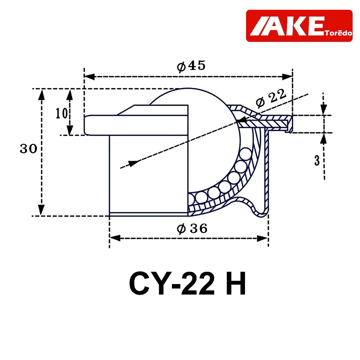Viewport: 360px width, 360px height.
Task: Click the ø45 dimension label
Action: click(x=191, y=66)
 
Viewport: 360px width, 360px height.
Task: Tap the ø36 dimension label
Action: click(x=192, y=229)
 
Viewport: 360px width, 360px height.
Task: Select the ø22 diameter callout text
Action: click(x=271, y=98)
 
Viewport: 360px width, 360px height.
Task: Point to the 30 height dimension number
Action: click(x=28, y=149)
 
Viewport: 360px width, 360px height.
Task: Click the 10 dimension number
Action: click(x=62, y=113)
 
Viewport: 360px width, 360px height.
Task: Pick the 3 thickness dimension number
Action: click(x=317, y=160)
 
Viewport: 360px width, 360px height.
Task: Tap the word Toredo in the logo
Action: click(x=339, y=33)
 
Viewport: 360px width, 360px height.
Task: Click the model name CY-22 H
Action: click(x=187, y=284)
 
